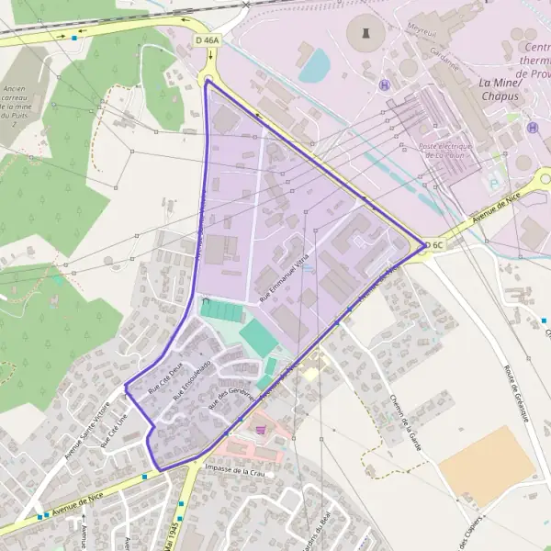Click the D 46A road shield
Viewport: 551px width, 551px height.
point(208,40)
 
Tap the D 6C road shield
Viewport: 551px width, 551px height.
point(436,245)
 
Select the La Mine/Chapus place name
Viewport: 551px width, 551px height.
point(501,88)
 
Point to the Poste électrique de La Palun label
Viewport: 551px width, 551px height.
point(444,151)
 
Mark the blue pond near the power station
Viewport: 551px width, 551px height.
point(314,65)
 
